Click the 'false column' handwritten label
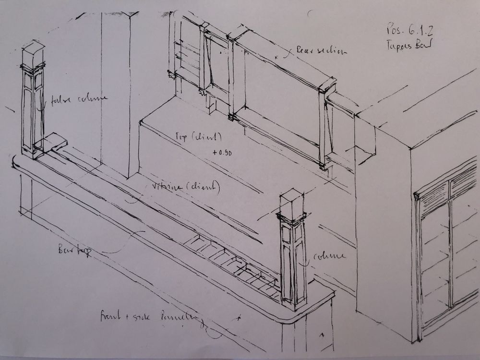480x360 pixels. [80, 99]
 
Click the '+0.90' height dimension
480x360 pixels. [221, 152]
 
